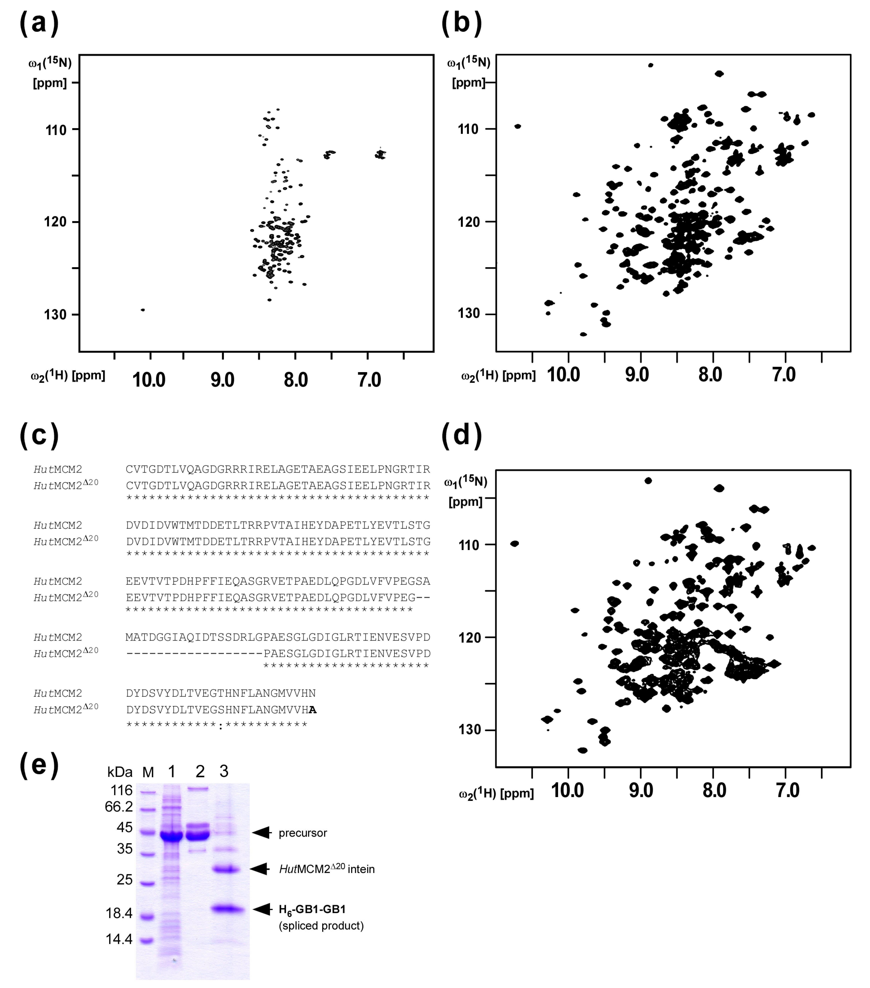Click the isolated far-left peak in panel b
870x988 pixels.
pyautogui.click(x=518, y=126)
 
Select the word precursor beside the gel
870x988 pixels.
pyautogui.click(x=303, y=833)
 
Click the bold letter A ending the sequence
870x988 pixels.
pyautogui.click(x=313, y=710)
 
